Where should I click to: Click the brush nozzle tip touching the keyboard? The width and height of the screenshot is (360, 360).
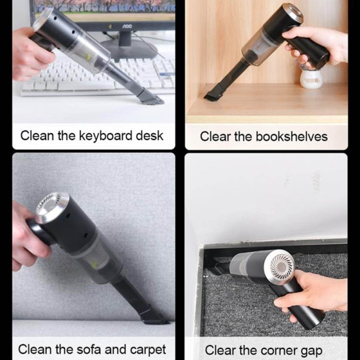click(151, 98)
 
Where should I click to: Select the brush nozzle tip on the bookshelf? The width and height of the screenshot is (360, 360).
click(211, 96)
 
